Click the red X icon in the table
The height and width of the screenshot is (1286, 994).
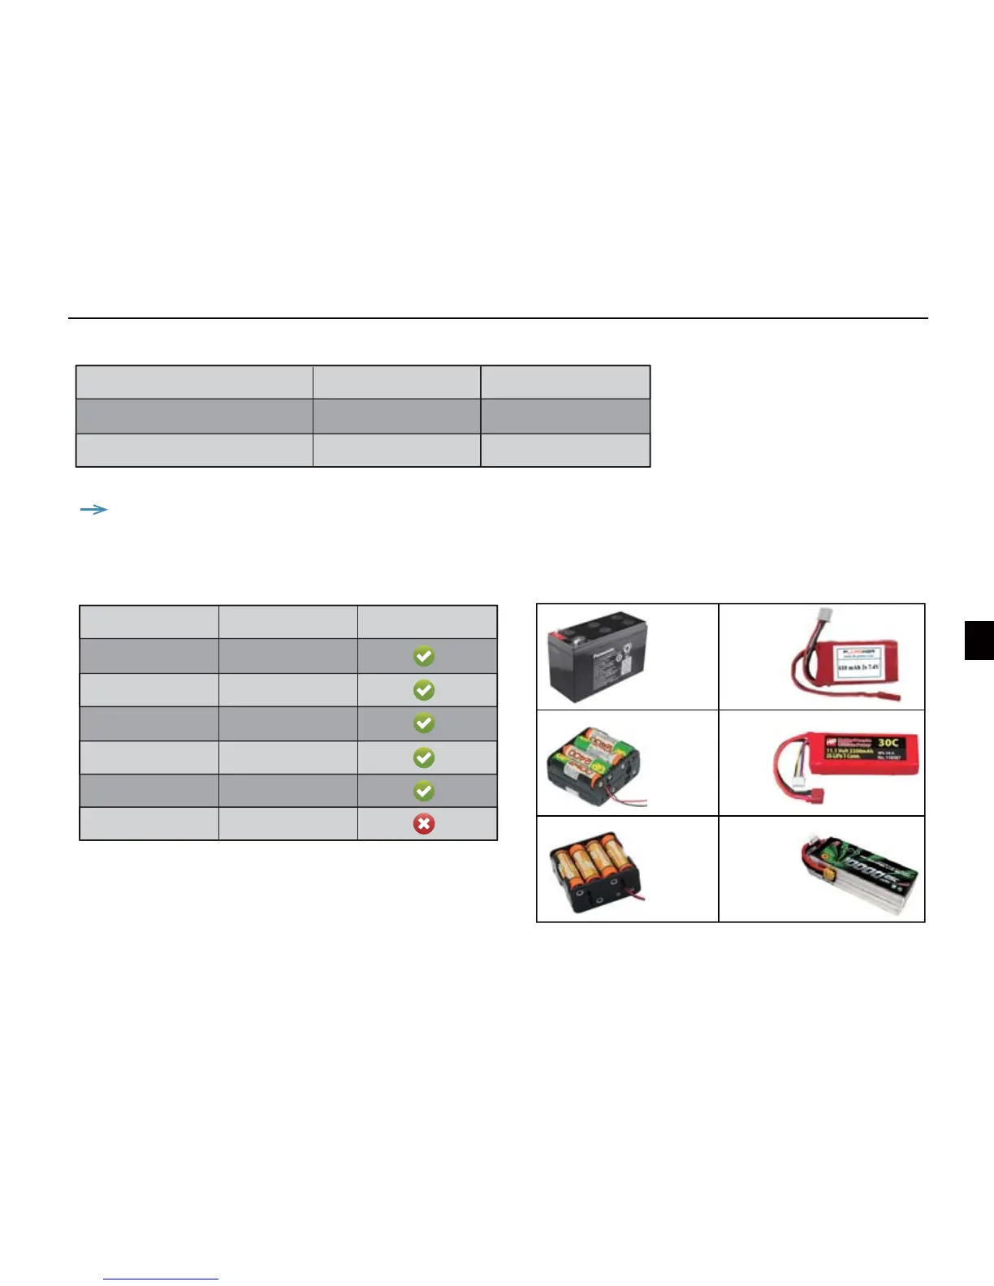point(423,824)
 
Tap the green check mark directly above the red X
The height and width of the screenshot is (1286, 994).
point(423,791)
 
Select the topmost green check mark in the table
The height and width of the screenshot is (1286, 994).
point(423,656)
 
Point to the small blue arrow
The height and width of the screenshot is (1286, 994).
point(94,510)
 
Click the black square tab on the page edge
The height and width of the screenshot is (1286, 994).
point(979,641)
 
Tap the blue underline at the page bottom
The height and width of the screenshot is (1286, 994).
point(161,1280)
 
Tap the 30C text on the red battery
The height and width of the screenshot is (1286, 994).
point(888,743)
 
